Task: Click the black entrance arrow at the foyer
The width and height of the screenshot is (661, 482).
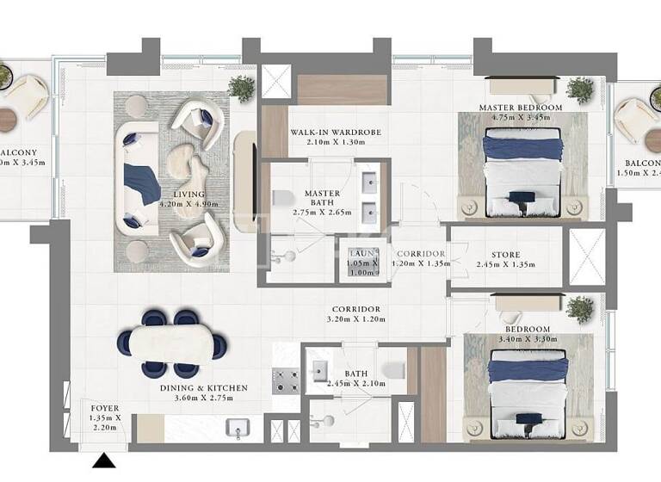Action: point(104,462)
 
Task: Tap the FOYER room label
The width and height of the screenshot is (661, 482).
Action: point(104,408)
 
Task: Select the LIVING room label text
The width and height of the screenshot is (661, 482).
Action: point(188,195)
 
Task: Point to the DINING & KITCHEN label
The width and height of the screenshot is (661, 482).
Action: point(204,388)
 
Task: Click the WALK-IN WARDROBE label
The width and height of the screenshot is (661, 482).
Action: point(335,133)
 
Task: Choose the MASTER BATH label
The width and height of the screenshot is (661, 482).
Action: point(322,194)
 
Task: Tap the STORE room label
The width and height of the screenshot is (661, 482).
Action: point(505,256)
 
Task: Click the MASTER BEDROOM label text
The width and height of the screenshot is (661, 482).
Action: point(521,108)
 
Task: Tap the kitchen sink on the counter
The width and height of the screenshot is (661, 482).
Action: point(234,428)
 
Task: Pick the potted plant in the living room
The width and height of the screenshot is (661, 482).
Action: point(242,87)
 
